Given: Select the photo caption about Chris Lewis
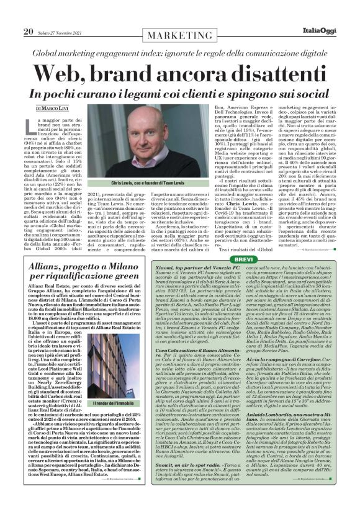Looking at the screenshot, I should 135,184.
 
